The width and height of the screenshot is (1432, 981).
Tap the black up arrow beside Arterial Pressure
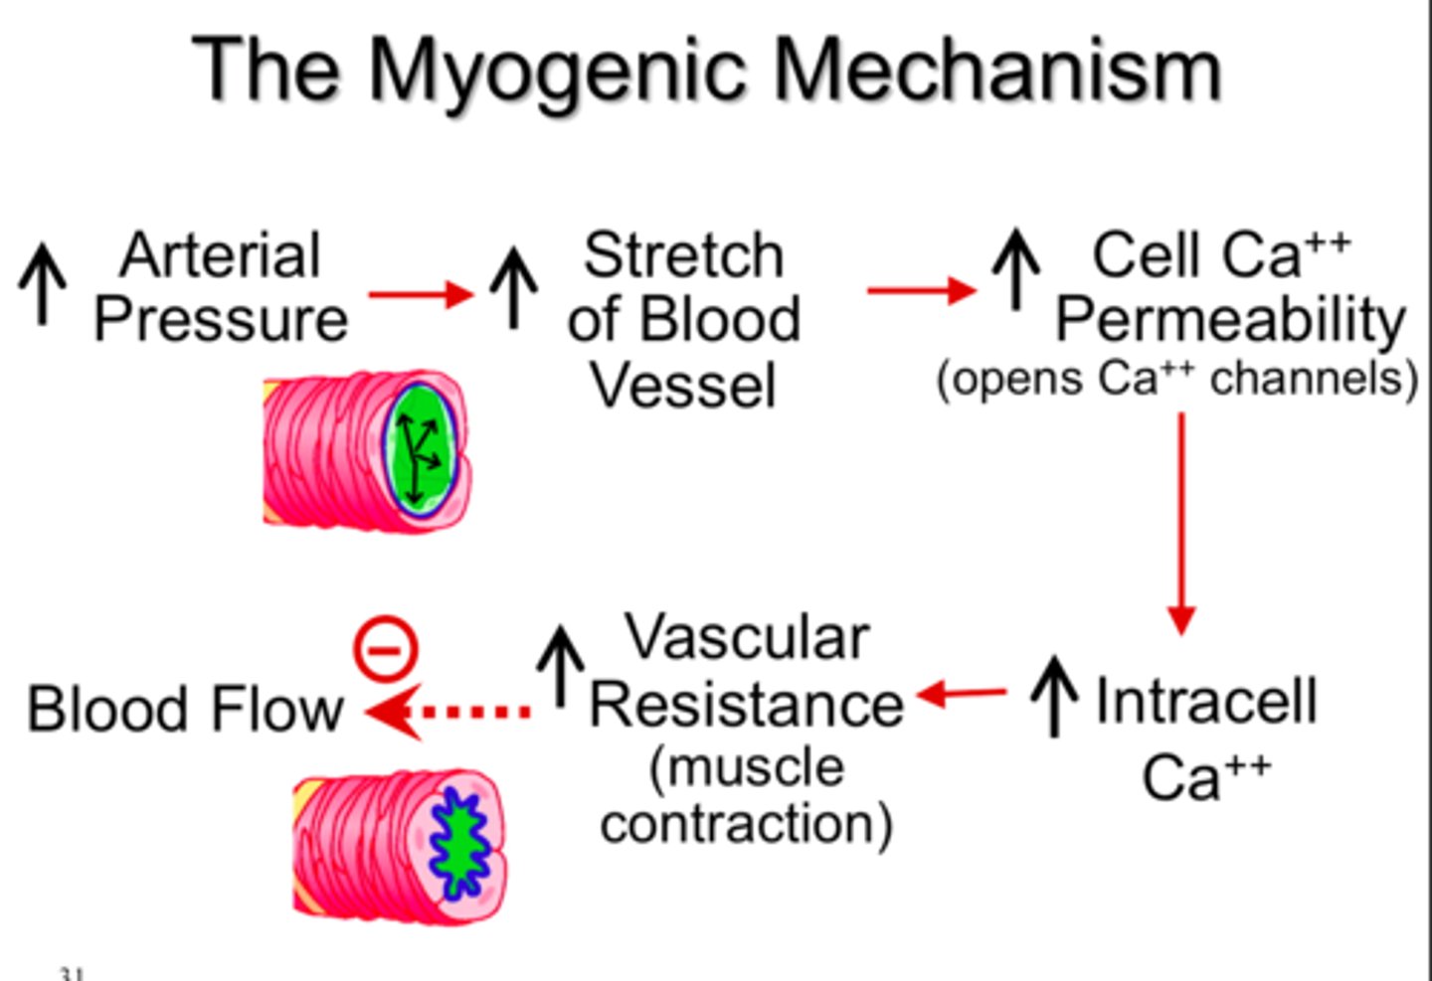point(43,284)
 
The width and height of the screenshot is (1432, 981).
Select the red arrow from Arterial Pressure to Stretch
point(421,294)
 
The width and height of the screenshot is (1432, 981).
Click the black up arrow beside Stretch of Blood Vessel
point(513,286)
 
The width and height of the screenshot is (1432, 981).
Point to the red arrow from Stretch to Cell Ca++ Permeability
point(921,290)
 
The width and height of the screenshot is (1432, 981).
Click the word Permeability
point(1230,320)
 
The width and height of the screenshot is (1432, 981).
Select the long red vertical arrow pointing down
point(1180,523)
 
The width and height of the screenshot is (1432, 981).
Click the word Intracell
point(1205,702)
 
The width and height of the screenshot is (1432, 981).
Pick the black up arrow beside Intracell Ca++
point(1054,696)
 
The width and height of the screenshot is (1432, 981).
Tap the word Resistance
point(746,706)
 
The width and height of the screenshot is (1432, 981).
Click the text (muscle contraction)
point(746,796)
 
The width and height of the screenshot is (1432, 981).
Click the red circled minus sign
point(386,649)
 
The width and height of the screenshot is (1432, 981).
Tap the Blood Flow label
point(185,710)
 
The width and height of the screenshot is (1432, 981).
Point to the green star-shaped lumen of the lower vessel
point(458,843)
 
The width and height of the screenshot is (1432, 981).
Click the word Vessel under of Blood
point(683,386)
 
